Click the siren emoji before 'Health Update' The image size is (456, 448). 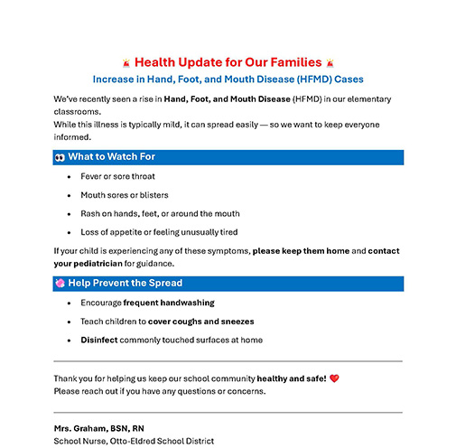(126, 63)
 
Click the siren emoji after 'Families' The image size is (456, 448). (331, 63)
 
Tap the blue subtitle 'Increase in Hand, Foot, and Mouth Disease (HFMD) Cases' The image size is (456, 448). (228, 79)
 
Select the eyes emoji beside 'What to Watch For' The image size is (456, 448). (60, 157)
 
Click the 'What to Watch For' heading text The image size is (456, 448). (111, 157)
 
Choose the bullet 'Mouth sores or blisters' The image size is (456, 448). (124, 195)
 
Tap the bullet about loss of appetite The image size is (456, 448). (159, 232)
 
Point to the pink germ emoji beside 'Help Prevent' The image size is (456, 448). (60, 284)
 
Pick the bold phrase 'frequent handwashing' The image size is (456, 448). (169, 303)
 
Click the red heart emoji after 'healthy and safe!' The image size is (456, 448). (334, 378)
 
